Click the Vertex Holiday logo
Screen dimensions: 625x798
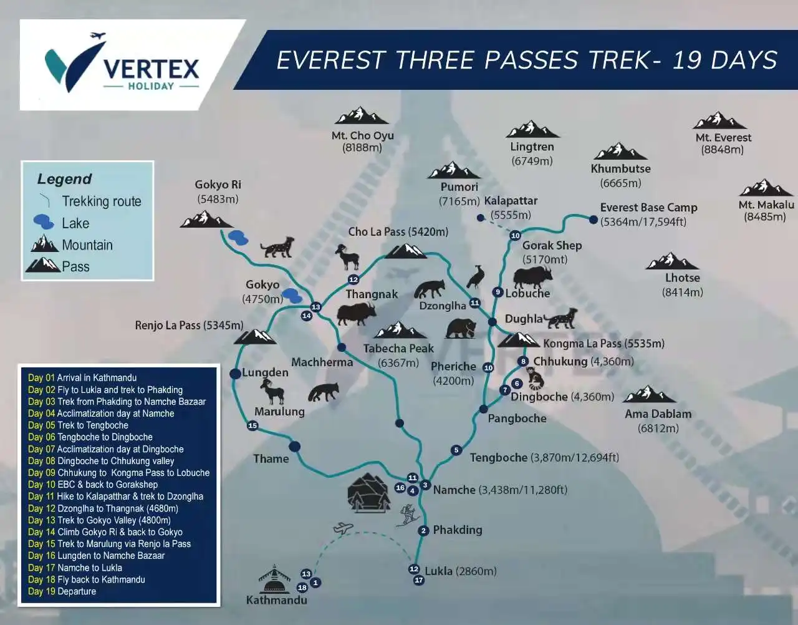coord(122,65)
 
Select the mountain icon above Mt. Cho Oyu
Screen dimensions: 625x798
coord(361,116)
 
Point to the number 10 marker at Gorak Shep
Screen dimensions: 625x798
coord(515,235)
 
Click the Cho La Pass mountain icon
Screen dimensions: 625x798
coord(406,251)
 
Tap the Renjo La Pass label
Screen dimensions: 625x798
coord(189,325)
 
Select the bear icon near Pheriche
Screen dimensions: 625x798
coord(461,327)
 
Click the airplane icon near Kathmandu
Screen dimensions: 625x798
coord(343,529)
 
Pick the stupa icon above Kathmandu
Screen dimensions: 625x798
coord(274,579)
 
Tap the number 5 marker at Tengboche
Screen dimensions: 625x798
coord(456,450)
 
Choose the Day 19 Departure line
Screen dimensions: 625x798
coord(62,591)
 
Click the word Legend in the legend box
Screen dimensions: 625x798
coord(64,179)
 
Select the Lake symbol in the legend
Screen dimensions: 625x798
coord(44,221)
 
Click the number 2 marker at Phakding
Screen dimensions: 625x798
coord(424,531)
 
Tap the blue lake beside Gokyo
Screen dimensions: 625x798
coord(292,294)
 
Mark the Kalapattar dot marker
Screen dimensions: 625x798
coord(480,218)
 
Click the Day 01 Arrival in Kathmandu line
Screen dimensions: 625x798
coord(82,377)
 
